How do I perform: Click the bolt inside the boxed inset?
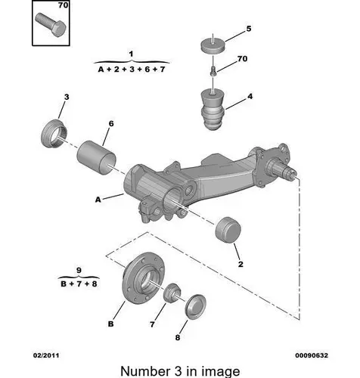coord(51,25)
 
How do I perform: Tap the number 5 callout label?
coord(249,29)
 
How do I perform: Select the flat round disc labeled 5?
coord(213,45)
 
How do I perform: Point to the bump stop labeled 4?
coord(213,109)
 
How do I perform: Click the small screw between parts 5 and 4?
coord(213,70)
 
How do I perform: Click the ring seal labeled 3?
coord(54,134)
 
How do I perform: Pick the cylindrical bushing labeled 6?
coord(96,157)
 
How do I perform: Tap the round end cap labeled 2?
coord(228,230)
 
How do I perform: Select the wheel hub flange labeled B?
coord(143,277)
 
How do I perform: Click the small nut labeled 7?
coord(172,293)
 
